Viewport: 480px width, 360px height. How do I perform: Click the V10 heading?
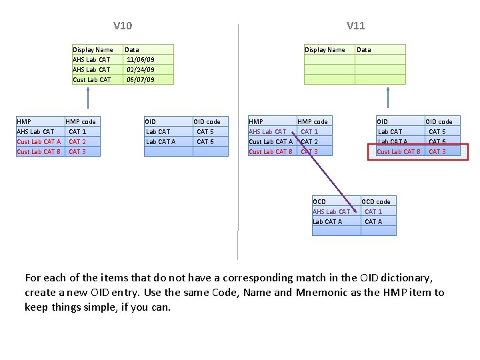[x=123, y=26]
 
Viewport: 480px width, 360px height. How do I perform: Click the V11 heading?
[x=355, y=26]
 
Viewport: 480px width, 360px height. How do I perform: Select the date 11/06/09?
[x=140, y=59]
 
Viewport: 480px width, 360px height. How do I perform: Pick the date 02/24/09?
[x=140, y=69]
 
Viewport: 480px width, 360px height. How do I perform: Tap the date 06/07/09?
[x=140, y=79]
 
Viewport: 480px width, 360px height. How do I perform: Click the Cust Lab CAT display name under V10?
[x=92, y=79]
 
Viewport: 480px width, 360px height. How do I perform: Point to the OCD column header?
[x=319, y=201]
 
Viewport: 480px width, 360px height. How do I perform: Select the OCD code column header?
[x=375, y=201]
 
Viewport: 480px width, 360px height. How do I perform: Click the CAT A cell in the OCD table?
[x=373, y=221]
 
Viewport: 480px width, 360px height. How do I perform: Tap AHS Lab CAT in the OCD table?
[x=331, y=211]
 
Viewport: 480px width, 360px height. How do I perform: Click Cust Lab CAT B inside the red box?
[x=399, y=151]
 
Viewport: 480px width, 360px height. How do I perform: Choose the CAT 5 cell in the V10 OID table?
[x=205, y=131]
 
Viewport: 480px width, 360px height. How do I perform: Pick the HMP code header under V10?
[x=81, y=121]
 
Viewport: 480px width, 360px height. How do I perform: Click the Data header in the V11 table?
[x=364, y=49]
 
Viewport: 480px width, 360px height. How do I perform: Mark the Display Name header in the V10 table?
[x=93, y=49]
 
